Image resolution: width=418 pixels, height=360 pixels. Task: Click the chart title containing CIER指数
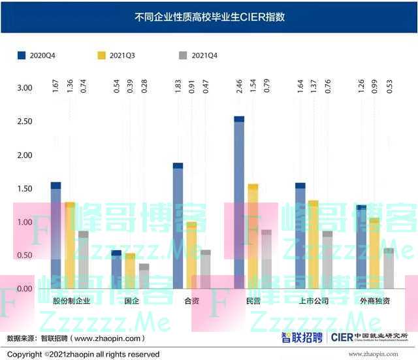209,17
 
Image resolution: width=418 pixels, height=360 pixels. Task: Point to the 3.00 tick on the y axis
24,88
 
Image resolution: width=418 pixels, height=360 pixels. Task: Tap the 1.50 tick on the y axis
24,189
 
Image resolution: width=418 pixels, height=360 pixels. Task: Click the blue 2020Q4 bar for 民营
239,203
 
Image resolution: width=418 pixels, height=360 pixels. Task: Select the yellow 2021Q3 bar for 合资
191,255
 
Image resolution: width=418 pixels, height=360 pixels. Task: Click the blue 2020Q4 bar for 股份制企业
56,235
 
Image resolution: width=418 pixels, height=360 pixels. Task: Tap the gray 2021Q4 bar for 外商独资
389,268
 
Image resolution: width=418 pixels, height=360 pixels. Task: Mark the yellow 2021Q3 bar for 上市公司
313,244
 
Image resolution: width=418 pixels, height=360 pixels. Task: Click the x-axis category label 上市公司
313,301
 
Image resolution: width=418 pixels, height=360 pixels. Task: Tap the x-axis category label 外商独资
375,301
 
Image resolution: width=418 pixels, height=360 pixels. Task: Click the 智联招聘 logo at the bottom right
302,337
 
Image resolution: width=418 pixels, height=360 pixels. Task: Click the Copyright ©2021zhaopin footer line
83,354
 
